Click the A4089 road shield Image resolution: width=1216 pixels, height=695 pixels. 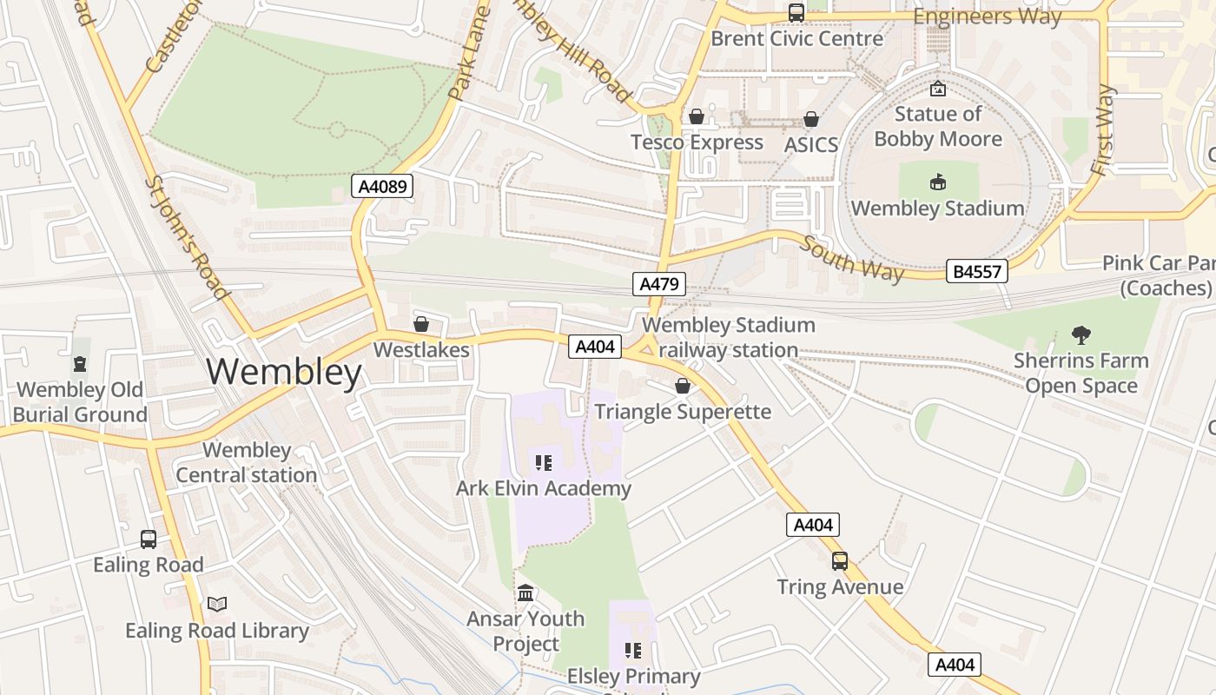point(382,186)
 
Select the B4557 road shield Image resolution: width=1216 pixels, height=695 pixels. point(977,271)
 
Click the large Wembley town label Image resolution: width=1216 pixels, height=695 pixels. point(284,372)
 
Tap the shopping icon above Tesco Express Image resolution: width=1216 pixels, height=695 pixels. point(696,116)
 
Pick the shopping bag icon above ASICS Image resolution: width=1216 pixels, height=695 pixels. point(811,119)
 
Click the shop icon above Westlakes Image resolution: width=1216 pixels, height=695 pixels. point(421,324)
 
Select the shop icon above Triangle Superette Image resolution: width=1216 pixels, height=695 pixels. point(683,386)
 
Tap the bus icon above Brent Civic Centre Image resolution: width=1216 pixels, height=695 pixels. point(796,13)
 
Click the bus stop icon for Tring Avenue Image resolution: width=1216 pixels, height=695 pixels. point(839,561)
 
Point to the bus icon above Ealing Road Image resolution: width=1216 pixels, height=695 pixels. point(149,539)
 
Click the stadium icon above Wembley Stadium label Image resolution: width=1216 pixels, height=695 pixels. point(938,182)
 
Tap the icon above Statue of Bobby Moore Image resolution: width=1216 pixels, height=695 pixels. point(938,89)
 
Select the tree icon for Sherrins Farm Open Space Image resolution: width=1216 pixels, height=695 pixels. point(1081,334)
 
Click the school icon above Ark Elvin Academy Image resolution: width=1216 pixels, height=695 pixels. point(544,463)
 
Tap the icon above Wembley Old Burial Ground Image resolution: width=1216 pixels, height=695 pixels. point(80,364)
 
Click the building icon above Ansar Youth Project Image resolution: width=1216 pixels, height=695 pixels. point(525,593)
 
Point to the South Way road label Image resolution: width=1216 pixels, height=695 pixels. point(852,258)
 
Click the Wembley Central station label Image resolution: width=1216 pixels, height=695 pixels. point(247,463)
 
